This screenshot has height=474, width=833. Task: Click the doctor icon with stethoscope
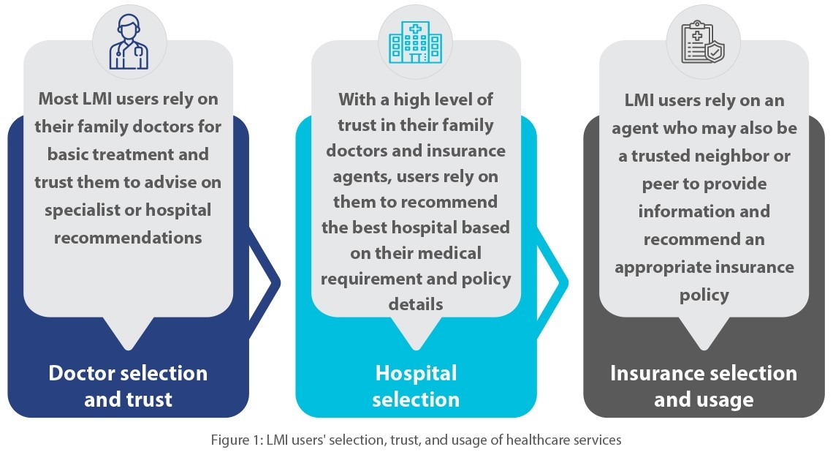[x=129, y=42]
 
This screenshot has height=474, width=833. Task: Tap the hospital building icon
[x=416, y=42]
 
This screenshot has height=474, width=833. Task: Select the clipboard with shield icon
[x=703, y=42]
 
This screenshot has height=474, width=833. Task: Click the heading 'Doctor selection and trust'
[x=128, y=386]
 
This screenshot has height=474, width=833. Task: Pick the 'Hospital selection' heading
[x=416, y=386]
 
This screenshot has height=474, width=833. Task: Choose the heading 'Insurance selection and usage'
[x=704, y=386]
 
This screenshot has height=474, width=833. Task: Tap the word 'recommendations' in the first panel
[x=128, y=238]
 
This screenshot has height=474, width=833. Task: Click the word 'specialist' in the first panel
[x=83, y=211]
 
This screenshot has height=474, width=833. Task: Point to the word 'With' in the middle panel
[x=357, y=99]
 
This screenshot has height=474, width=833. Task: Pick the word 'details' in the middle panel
[x=416, y=304]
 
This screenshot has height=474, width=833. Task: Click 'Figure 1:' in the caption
[x=237, y=440]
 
